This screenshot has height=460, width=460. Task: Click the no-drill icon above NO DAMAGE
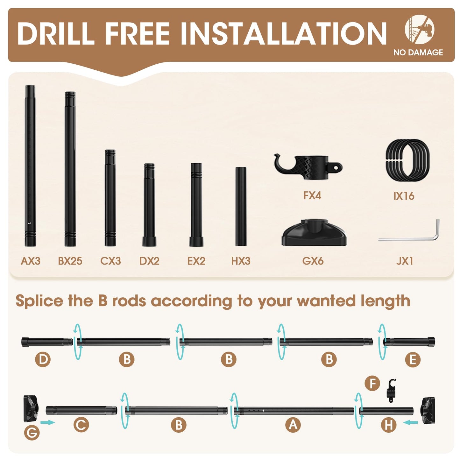(420, 29)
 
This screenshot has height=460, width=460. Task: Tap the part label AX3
(31, 261)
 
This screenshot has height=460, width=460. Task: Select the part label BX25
(70, 261)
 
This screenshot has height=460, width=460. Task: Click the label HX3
(241, 261)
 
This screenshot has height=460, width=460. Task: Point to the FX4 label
(312, 196)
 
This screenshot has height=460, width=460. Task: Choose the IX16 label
(404, 196)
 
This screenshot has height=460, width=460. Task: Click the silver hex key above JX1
(409, 230)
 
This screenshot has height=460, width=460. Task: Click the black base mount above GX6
(314, 233)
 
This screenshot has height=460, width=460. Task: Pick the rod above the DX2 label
(149, 205)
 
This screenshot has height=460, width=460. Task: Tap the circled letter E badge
(413, 359)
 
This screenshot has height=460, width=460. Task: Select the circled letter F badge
(372, 384)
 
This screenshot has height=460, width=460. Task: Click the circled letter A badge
(293, 425)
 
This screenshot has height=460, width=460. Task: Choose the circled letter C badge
(81, 425)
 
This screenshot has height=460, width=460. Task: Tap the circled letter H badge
(389, 425)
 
